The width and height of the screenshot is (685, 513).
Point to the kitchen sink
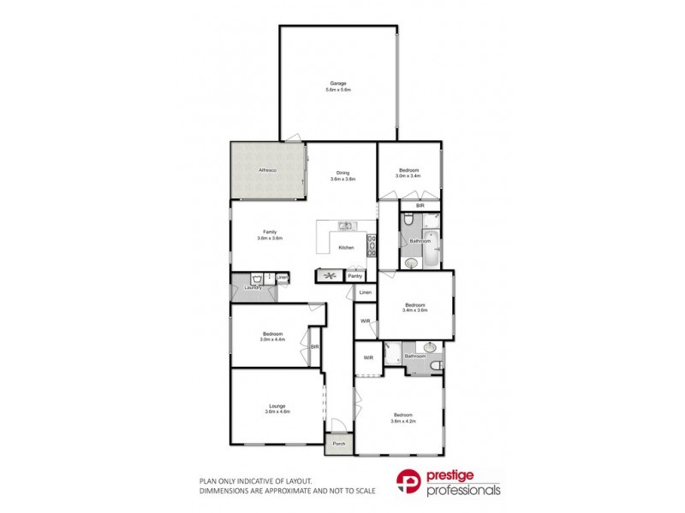click(x=345, y=226)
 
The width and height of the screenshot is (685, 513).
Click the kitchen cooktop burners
click(x=370, y=245)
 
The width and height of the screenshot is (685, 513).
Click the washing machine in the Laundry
click(x=256, y=279)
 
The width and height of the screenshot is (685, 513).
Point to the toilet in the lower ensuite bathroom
click(x=437, y=367)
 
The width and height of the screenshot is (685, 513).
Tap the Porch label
click(x=337, y=444)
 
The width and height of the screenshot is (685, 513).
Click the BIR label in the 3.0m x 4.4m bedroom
click(x=315, y=346)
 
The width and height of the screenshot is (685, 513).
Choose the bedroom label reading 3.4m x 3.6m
click(x=415, y=308)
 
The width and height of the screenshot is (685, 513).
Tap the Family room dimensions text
click(x=270, y=239)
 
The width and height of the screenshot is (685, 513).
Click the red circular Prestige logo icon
click(x=408, y=485)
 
